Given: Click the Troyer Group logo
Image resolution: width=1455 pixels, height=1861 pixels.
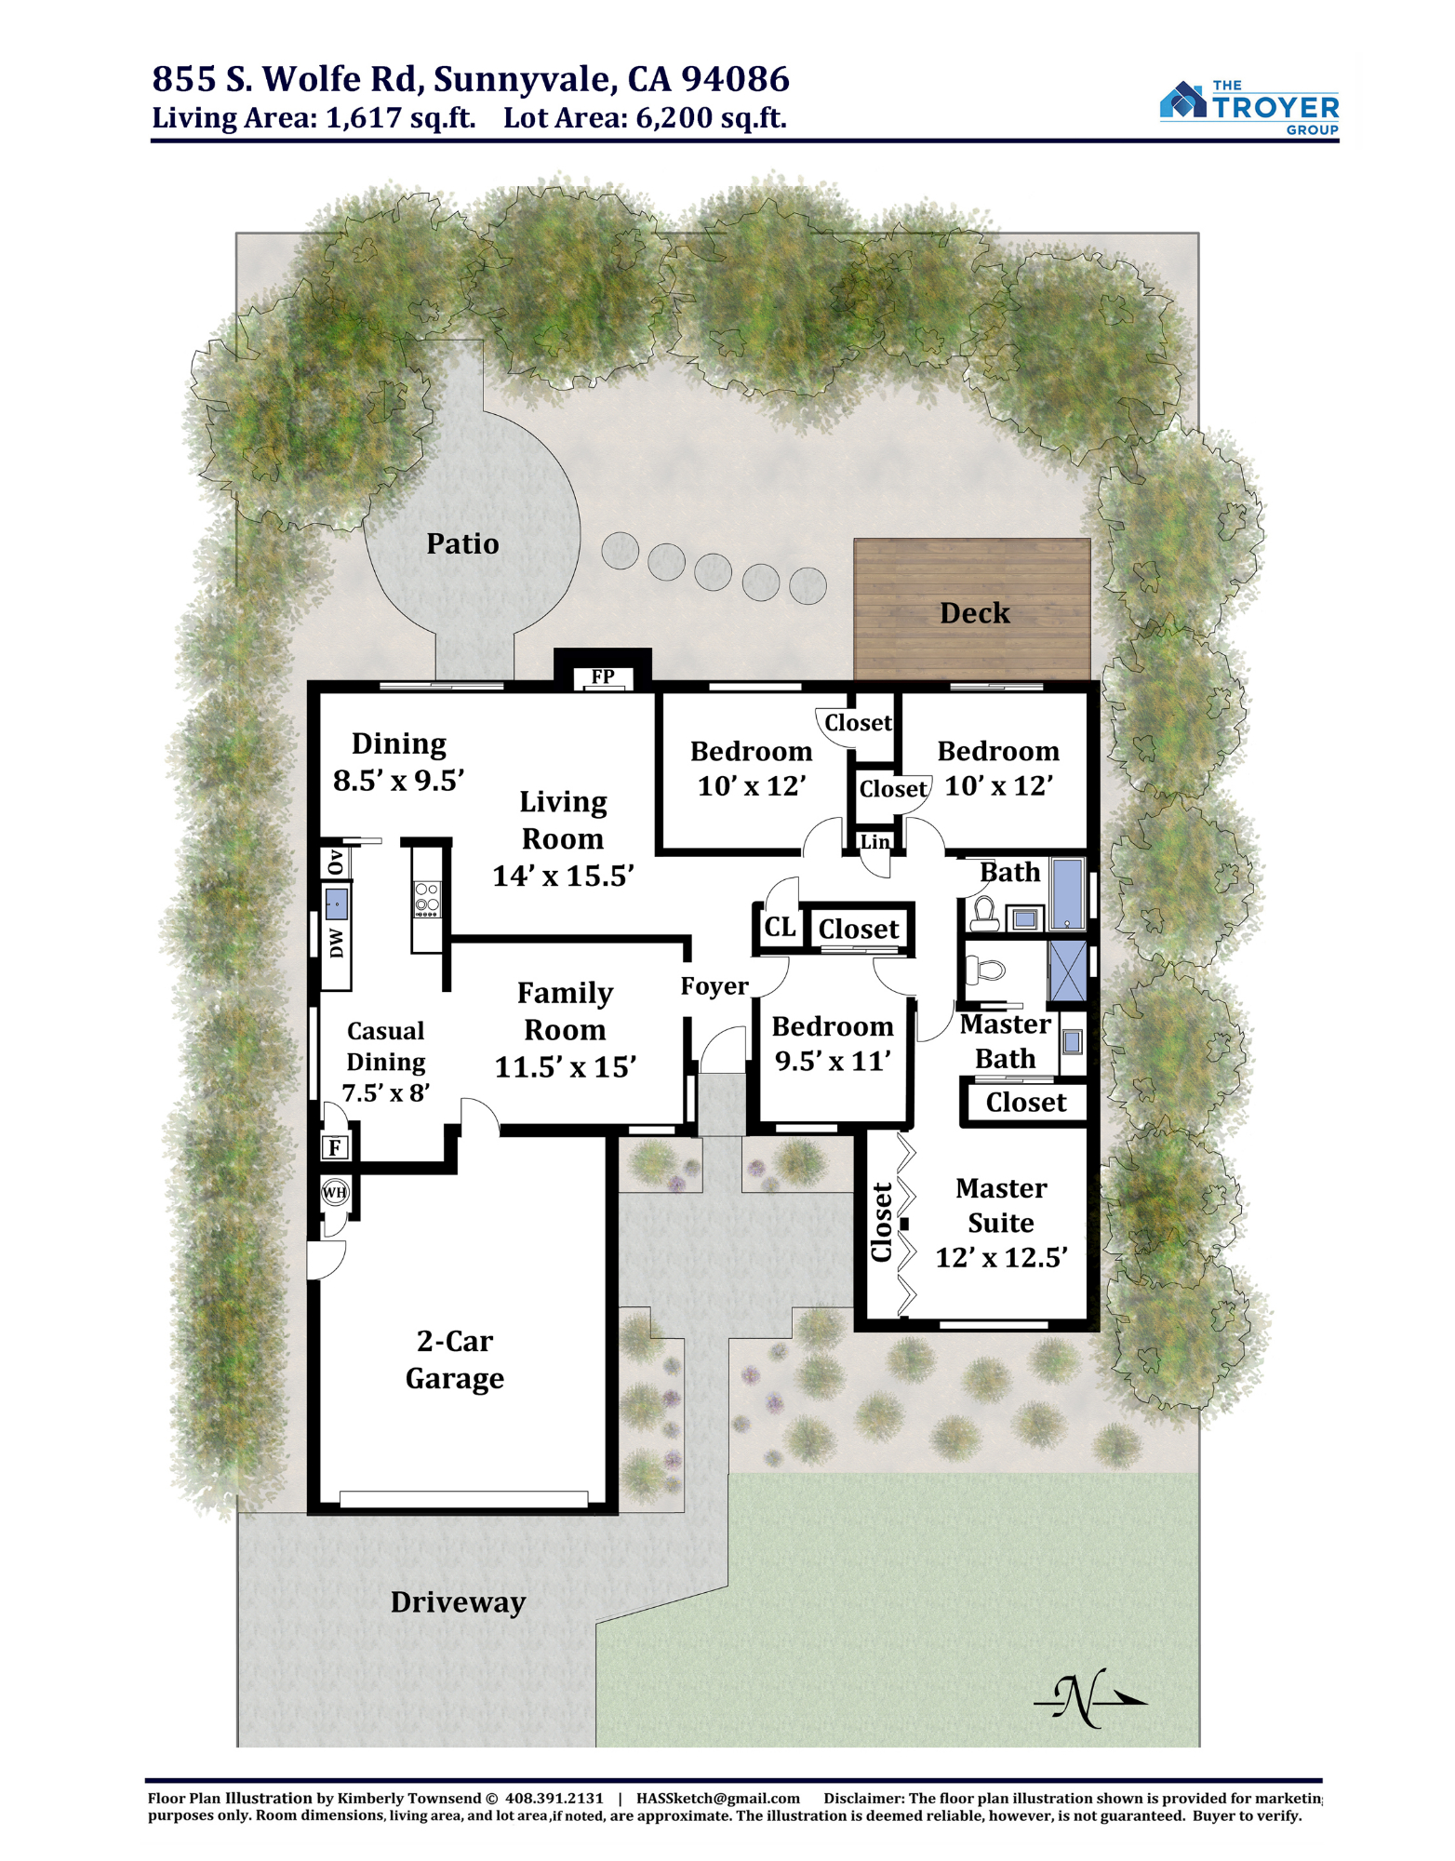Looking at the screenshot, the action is tap(1249, 107).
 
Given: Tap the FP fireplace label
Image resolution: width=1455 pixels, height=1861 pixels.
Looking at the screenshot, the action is tap(603, 676).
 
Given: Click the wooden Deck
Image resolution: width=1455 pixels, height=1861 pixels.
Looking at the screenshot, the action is tap(972, 609).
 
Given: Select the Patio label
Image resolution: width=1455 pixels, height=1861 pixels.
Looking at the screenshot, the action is tap(462, 543).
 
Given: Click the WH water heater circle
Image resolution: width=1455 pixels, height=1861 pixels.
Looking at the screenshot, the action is tap(335, 1192).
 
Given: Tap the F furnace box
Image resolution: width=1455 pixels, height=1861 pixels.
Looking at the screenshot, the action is tap(335, 1147).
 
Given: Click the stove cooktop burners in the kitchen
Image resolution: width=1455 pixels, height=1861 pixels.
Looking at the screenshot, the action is tap(427, 899).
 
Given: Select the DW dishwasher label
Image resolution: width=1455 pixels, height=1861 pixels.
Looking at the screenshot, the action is tap(337, 943).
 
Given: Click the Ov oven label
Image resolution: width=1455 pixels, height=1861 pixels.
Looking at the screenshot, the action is tap(336, 862).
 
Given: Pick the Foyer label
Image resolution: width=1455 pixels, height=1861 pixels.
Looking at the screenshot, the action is tap(714, 986).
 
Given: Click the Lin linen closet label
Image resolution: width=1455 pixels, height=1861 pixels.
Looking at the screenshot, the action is tap(875, 842).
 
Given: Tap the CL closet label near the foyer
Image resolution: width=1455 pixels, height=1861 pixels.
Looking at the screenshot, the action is tap(780, 927).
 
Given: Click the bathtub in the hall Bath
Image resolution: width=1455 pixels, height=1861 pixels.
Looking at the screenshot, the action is tap(1067, 893).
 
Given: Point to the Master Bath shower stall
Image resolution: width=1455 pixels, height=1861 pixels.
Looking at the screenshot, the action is tap(1067, 971).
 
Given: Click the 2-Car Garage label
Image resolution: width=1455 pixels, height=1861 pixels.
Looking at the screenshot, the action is tap(455, 1359).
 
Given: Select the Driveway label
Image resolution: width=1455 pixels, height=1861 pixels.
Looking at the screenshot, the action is tap(458, 1602).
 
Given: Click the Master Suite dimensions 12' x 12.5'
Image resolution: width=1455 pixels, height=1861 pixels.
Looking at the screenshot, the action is tap(1001, 1258).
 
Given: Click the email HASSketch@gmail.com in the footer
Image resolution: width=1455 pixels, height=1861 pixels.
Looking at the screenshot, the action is tap(718, 1799).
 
